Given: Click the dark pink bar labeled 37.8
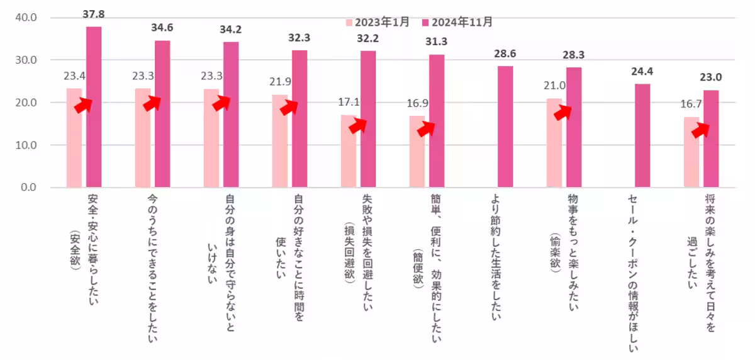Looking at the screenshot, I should [x=94, y=107].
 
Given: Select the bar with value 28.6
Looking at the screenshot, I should [x=505, y=127].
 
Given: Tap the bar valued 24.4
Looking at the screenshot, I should [x=642, y=135].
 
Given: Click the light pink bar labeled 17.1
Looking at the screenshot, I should [x=348, y=151].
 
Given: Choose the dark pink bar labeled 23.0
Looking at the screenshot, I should [x=711, y=138].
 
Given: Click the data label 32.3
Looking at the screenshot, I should [x=299, y=38].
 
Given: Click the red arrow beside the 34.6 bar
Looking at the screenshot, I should [x=151, y=104].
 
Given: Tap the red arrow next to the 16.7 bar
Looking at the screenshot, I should [x=700, y=130].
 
